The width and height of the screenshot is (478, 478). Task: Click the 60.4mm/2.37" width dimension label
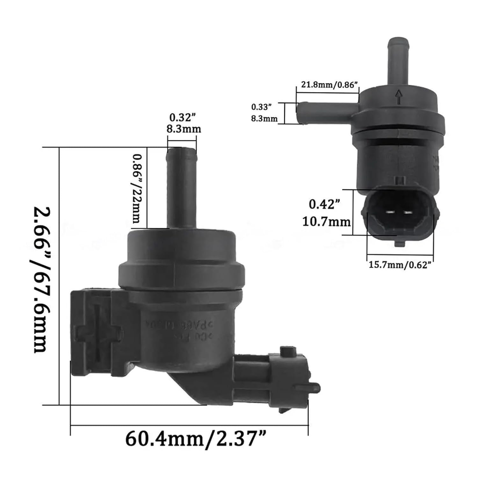click(195, 439)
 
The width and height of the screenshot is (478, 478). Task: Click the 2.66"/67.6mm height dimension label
click(42, 280)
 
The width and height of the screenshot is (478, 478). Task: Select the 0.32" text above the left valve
click(182, 118)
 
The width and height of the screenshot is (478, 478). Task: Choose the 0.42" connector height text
click(323, 204)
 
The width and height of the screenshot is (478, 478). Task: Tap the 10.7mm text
click(326, 221)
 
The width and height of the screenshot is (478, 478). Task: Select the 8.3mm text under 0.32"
click(184, 129)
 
